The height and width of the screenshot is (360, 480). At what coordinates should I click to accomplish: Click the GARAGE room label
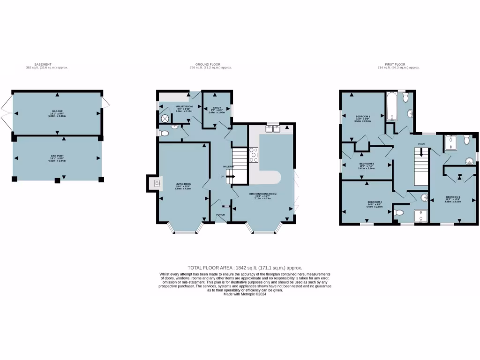click(57, 112)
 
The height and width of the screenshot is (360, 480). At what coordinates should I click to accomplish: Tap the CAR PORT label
click(57, 156)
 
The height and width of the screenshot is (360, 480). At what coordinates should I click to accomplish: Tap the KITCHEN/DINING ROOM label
click(262, 194)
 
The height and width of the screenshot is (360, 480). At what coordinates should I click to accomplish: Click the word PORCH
click(220, 215)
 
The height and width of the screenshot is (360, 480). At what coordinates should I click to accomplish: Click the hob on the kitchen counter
click(254, 155)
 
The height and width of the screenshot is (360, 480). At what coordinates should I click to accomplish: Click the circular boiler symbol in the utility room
click(165, 119)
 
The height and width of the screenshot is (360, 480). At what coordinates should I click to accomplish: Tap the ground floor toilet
click(164, 134)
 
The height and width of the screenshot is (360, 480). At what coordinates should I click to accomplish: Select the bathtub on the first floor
click(391, 106)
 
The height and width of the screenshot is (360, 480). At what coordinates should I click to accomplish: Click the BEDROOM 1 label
click(453, 197)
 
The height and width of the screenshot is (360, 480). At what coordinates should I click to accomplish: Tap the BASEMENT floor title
click(43, 65)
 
